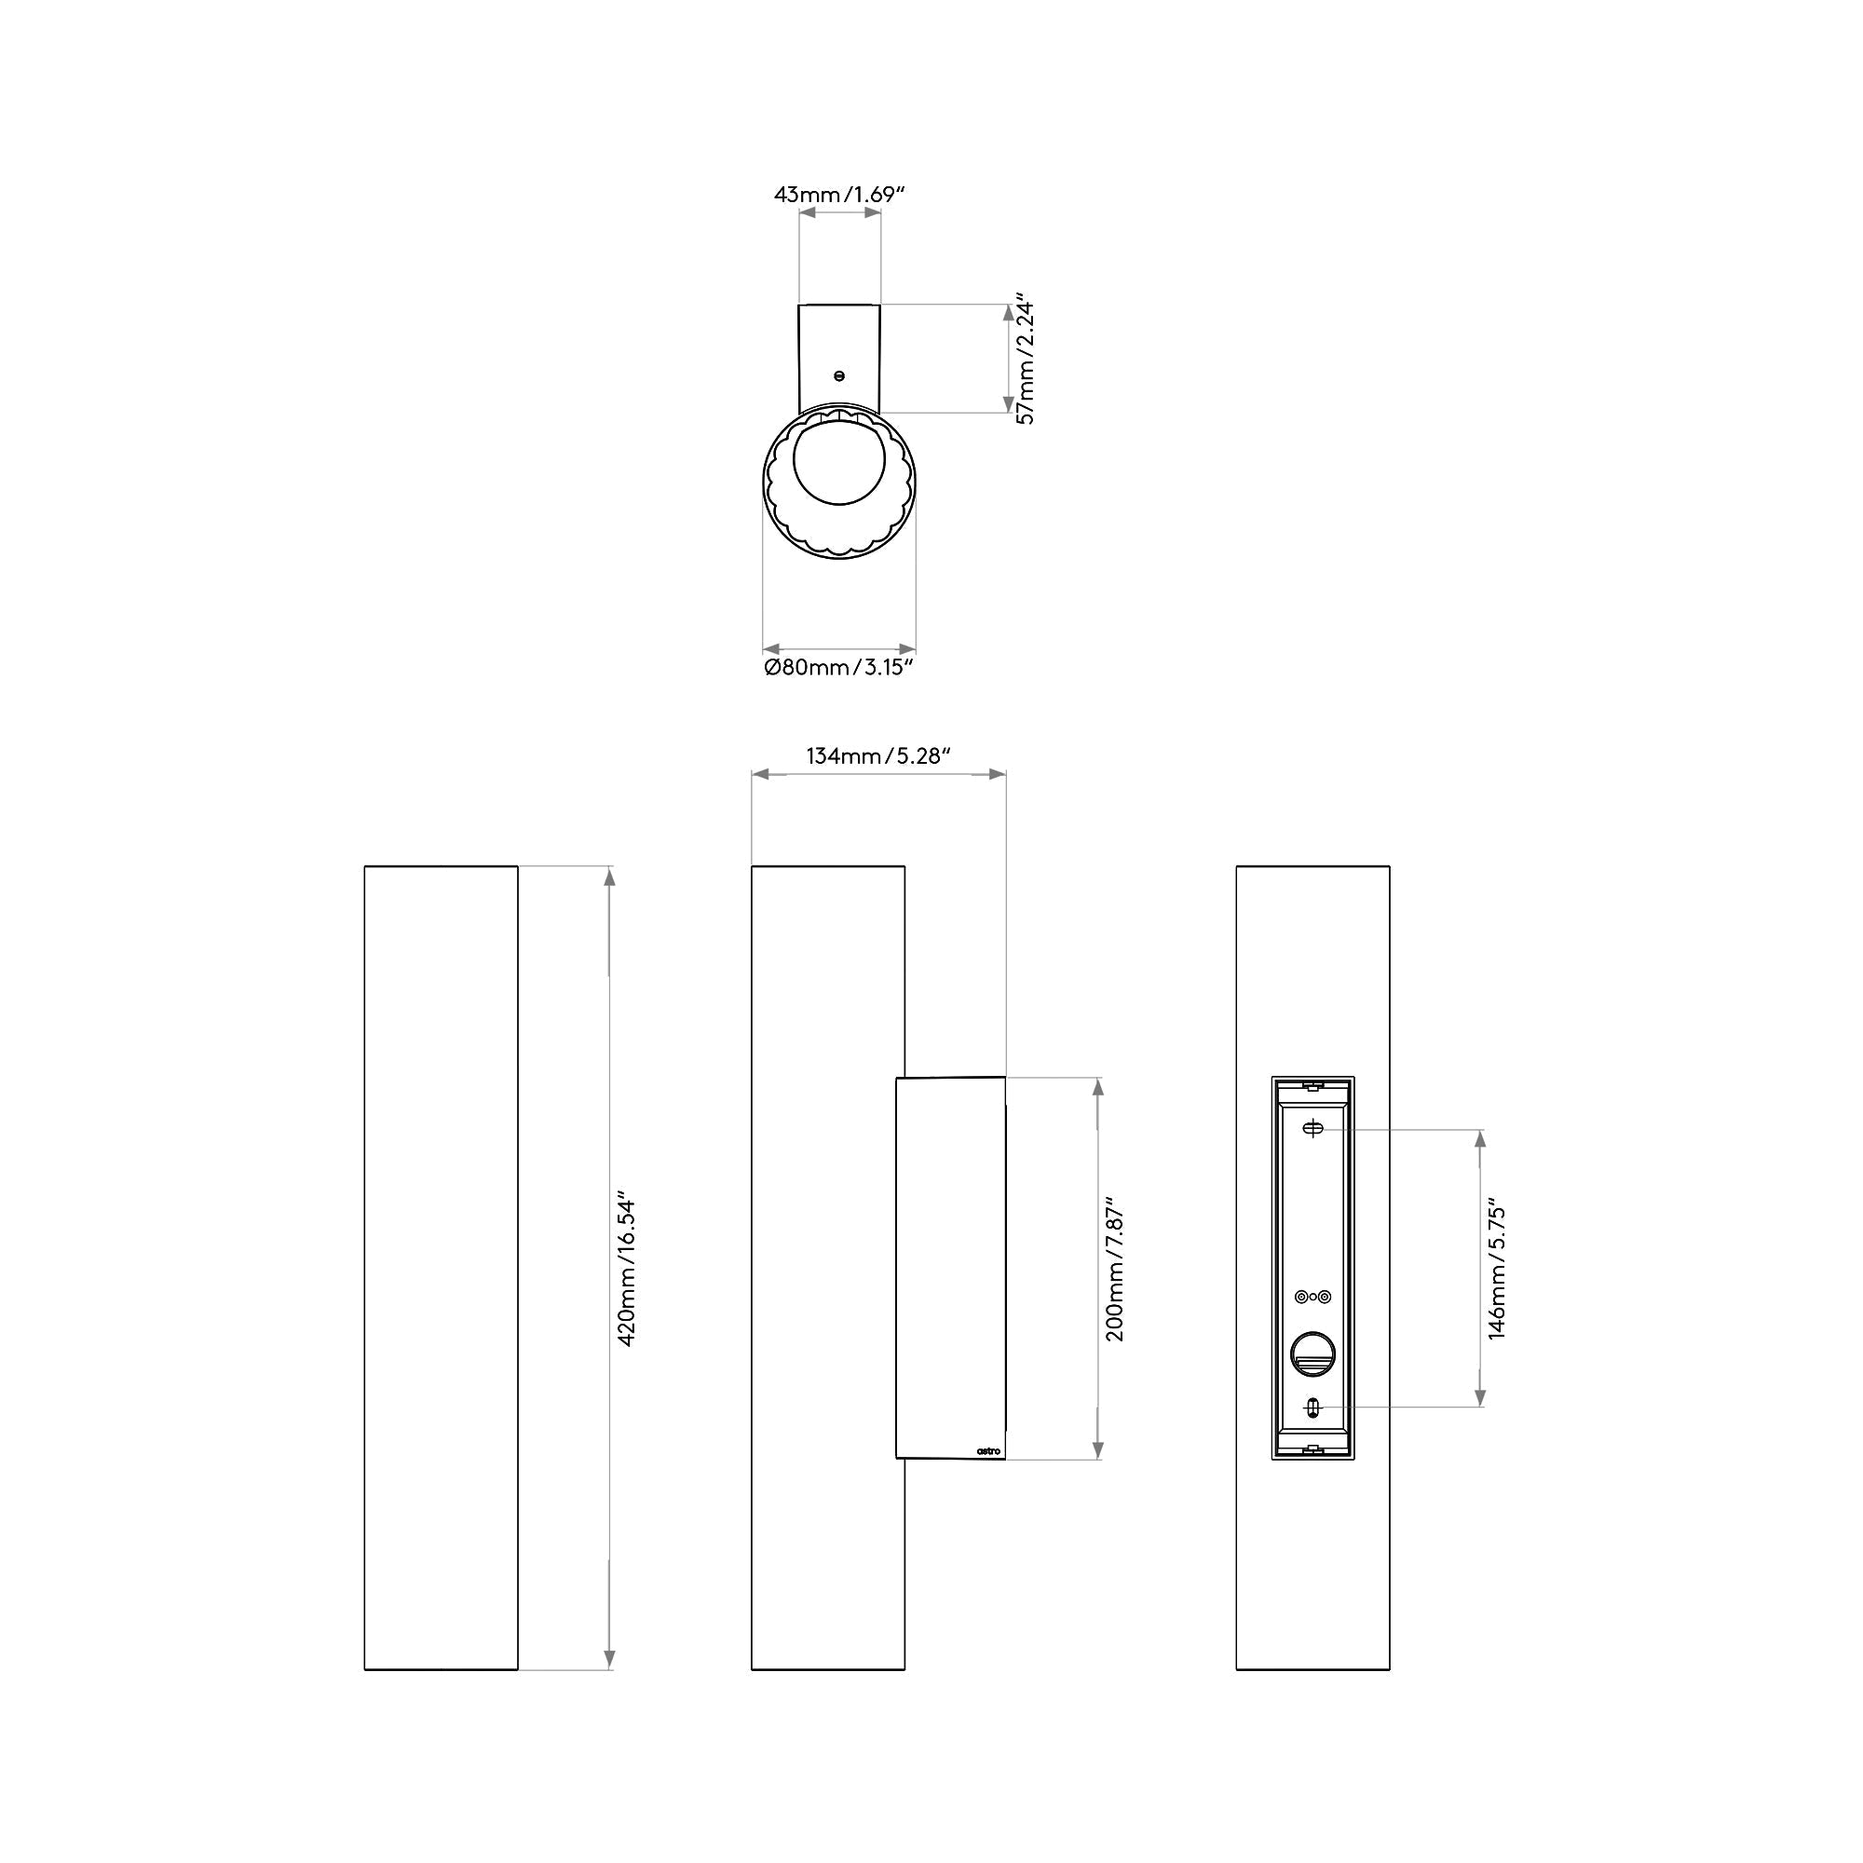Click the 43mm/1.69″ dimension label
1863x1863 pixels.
[840, 194]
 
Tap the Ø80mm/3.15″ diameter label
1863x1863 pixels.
[838, 667]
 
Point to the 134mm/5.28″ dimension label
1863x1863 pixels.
[878, 757]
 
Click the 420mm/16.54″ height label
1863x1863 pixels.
[626, 1272]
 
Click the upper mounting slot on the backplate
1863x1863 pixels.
[1312, 1129]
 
